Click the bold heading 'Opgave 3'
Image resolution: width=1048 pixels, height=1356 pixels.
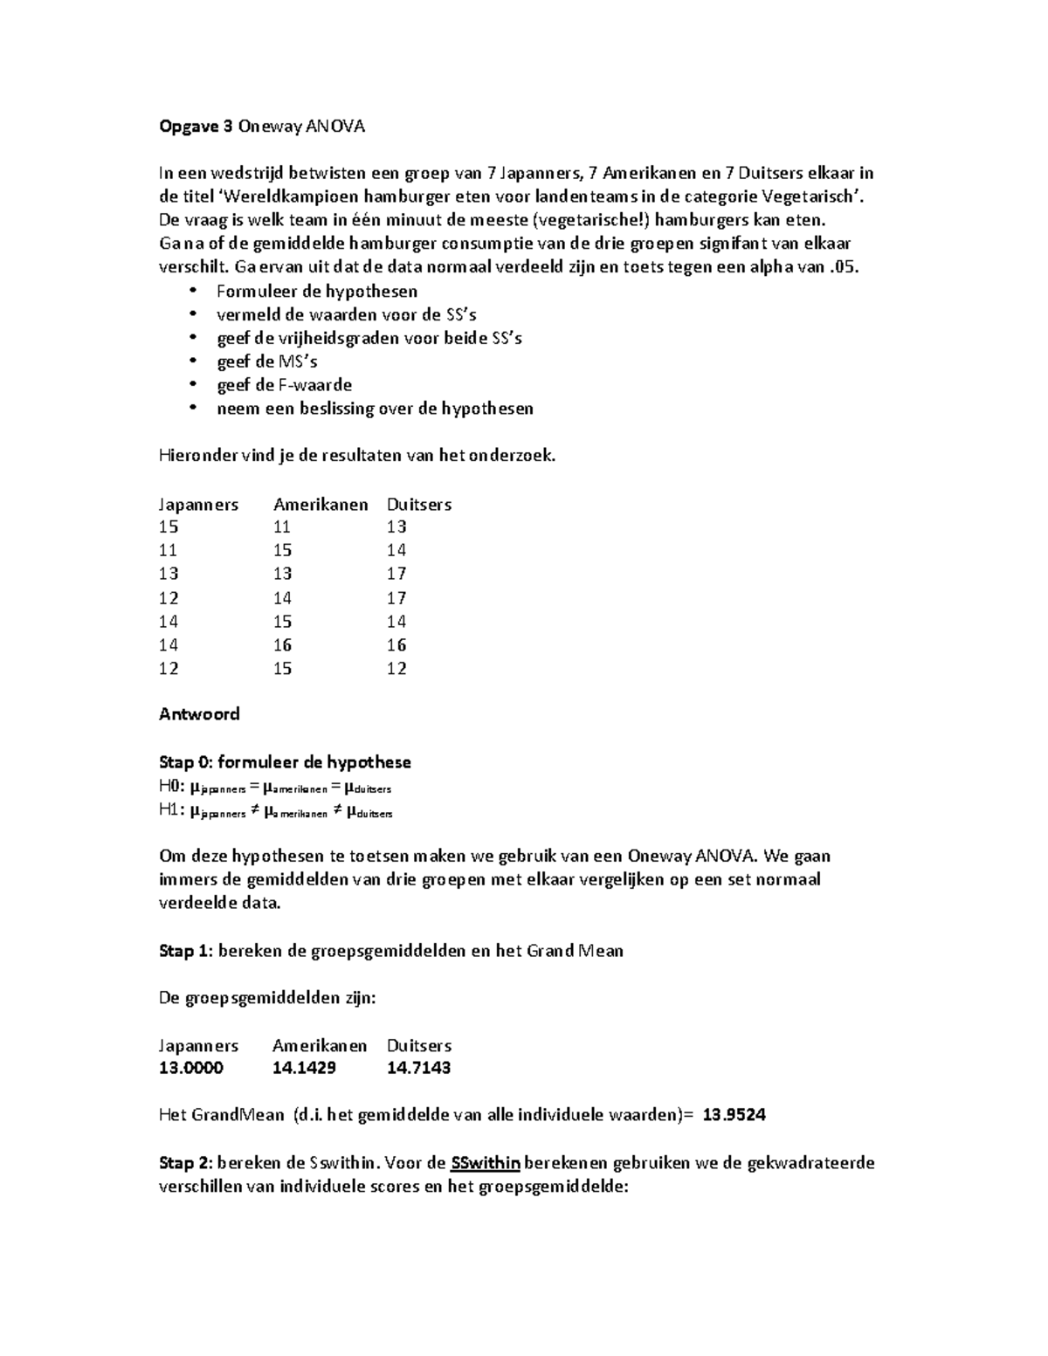click(x=196, y=127)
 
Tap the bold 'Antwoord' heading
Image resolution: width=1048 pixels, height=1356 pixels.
click(x=199, y=714)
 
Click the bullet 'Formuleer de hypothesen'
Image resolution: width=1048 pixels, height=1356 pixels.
click(x=316, y=291)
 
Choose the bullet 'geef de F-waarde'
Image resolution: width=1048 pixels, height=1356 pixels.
click(x=284, y=385)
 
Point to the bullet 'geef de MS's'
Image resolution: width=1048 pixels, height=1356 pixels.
click(x=266, y=361)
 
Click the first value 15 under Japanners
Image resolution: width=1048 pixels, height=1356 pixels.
click(x=169, y=527)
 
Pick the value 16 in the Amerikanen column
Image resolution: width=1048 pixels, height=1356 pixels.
click(x=282, y=645)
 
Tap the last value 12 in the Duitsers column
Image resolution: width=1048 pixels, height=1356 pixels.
click(x=396, y=669)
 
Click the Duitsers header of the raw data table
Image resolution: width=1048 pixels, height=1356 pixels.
click(x=419, y=505)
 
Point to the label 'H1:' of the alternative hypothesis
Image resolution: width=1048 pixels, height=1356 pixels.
click(x=172, y=810)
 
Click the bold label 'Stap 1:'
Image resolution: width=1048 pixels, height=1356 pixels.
click(x=186, y=951)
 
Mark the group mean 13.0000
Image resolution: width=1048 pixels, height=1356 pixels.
click(x=190, y=1068)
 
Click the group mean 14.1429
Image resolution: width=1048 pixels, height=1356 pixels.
click(x=304, y=1068)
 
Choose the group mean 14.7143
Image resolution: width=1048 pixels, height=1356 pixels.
click(x=418, y=1068)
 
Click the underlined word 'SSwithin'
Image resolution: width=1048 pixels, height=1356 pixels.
click(x=486, y=1163)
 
